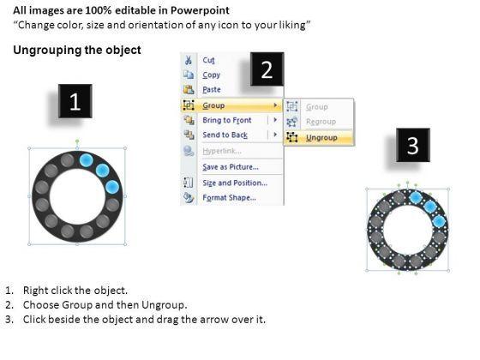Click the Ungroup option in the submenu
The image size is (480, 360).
321,138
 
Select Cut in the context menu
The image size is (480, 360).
208,60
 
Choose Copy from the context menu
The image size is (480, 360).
211,75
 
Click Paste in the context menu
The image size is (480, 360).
212,89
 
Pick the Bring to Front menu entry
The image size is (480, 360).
227,120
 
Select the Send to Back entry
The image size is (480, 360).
225,135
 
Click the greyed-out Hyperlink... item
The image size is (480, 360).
222,151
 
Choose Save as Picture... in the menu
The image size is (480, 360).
231,167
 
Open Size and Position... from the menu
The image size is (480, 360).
235,183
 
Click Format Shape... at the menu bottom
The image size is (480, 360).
230,198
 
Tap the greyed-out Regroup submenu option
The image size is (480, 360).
321,122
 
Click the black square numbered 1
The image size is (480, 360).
75,101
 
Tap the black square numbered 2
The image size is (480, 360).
267,69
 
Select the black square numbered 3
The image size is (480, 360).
413,145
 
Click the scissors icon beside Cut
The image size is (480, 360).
189,60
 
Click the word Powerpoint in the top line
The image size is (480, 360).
200,10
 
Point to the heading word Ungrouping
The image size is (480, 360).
47,51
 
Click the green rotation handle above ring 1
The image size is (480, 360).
77,141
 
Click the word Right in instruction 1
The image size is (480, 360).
34,291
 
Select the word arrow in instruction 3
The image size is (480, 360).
213,320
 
